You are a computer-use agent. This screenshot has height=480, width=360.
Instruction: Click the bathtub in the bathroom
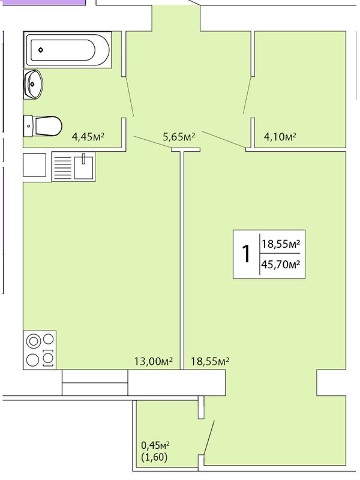point(67,49)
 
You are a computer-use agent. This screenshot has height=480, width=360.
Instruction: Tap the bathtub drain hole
point(41,50)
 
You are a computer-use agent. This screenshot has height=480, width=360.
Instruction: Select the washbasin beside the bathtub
point(33,84)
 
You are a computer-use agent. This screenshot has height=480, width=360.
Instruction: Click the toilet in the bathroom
point(43,126)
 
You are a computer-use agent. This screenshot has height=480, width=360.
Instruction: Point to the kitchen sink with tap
point(73,167)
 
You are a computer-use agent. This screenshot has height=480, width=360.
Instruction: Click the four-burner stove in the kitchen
point(40,350)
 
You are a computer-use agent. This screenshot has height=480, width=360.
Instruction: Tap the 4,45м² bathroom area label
point(88,136)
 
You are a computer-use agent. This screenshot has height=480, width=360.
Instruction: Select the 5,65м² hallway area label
point(179,137)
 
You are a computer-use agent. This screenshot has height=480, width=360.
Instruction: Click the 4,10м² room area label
point(280,136)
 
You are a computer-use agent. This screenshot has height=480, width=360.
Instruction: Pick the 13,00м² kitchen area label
point(154,362)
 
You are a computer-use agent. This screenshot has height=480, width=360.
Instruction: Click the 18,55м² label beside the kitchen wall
point(211,362)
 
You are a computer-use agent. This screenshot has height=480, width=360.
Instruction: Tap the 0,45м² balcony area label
point(155,444)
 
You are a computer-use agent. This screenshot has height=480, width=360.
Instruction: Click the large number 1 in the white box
point(246,254)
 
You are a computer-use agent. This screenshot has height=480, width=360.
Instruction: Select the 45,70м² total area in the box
point(280,263)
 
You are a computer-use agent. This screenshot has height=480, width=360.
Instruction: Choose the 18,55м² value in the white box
point(280,244)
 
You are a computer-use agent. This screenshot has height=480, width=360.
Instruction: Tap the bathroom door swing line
point(130,96)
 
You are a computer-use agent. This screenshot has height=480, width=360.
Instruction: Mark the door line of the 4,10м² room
point(247,95)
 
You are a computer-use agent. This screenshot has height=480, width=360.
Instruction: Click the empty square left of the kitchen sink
point(34,165)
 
